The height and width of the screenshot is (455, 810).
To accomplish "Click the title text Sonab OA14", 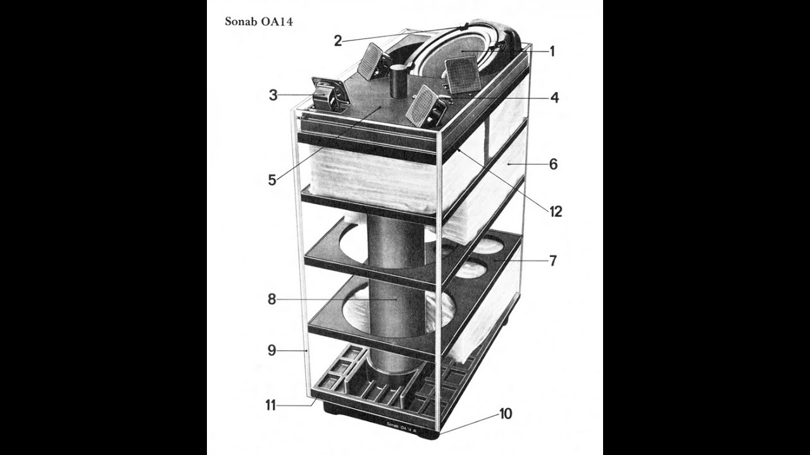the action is point(259,21).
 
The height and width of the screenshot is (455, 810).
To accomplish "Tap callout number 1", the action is point(552,52).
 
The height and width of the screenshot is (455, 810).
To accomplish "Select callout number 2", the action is point(338,41).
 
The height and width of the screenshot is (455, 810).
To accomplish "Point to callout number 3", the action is point(273,95).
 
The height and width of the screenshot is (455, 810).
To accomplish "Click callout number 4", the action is point(554,97).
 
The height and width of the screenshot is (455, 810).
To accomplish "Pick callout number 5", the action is point(272,180).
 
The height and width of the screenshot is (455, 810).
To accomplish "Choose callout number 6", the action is point(553,164).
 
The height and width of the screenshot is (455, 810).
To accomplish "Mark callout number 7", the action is point(553,261).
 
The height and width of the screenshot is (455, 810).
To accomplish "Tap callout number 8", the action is point(271,300).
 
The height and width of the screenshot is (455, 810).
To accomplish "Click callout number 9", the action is point(271,350).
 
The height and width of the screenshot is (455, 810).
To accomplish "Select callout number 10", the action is point(506,414).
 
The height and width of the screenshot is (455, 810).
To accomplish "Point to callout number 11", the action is point(271,406).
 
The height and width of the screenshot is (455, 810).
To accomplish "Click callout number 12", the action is point(556,212).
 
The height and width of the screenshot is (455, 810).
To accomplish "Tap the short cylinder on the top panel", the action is point(399,82).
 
